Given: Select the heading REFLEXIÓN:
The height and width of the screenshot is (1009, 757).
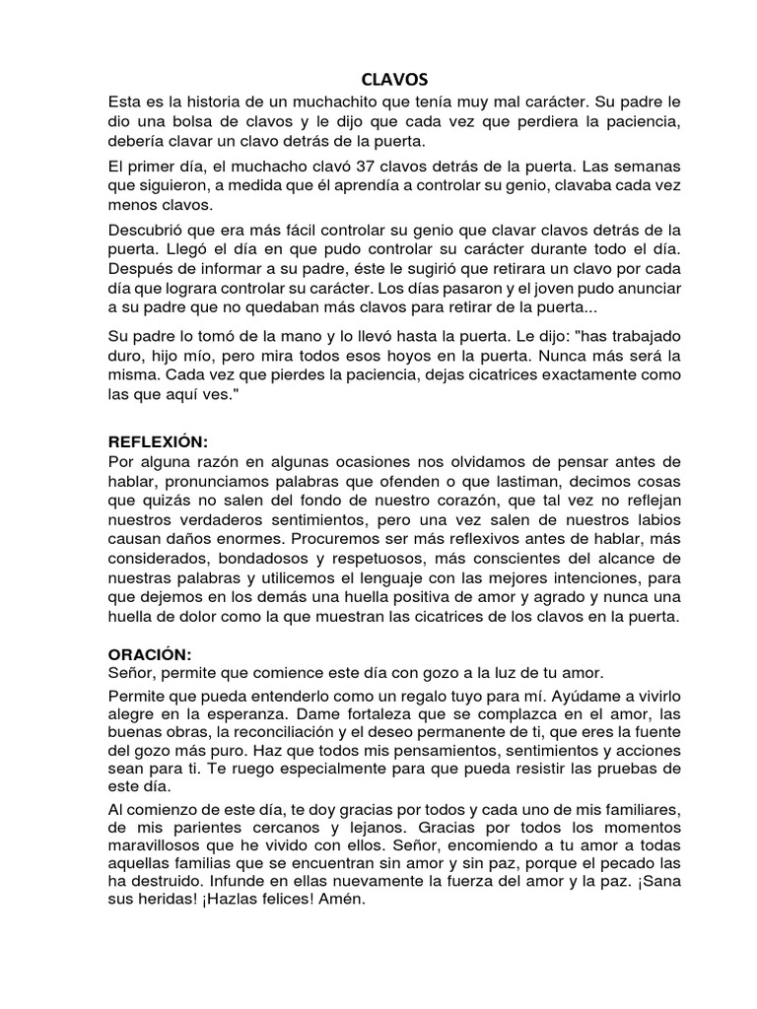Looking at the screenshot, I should click(161, 442).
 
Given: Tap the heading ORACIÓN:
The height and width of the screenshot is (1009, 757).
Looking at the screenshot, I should click(150, 654).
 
